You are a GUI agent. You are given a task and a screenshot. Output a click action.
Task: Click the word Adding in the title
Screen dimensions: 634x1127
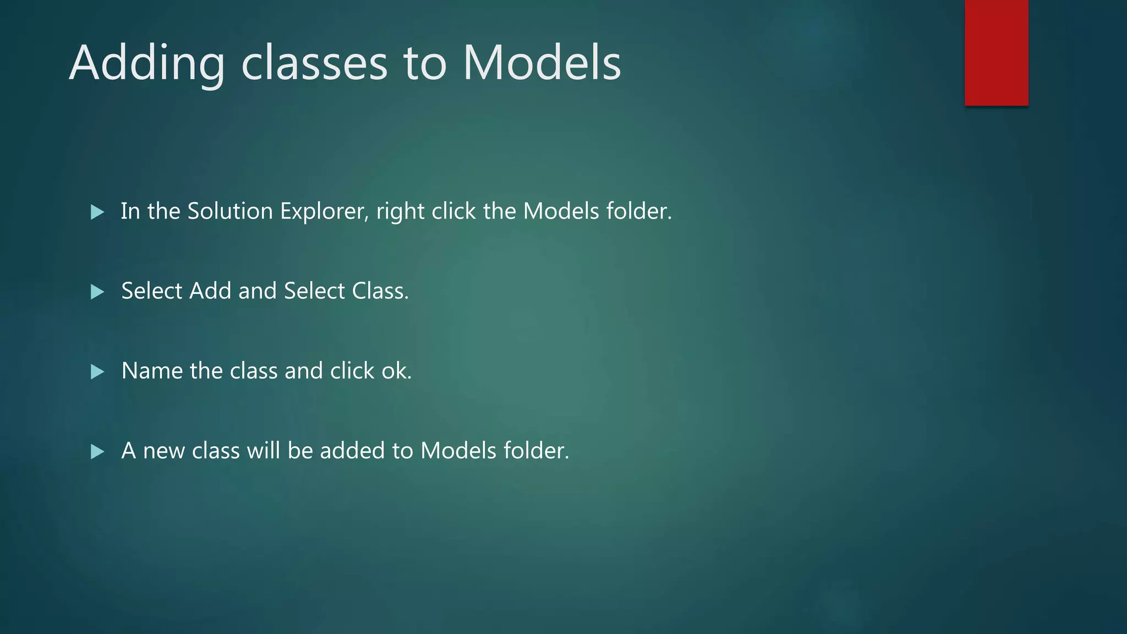click(x=147, y=64)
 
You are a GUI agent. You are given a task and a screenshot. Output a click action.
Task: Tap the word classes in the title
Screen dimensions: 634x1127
click(x=314, y=64)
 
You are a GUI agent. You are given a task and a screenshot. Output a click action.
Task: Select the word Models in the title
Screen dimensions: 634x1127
click(x=541, y=64)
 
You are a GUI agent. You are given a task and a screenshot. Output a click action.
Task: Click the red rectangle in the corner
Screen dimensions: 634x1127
click(x=996, y=52)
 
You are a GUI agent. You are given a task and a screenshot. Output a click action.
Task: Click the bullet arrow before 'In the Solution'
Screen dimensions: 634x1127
click(x=97, y=212)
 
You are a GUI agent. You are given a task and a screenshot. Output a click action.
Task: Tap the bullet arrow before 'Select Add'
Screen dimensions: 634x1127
click(x=97, y=292)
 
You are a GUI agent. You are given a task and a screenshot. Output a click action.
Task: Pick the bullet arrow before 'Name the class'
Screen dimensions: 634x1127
click(x=97, y=371)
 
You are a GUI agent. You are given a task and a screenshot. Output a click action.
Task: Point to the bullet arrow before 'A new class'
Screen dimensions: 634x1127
click(x=97, y=452)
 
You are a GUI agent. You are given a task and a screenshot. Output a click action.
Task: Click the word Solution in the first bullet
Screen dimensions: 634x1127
click(x=230, y=211)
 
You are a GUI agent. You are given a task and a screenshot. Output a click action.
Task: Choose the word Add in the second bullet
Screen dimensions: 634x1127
click(x=210, y=291)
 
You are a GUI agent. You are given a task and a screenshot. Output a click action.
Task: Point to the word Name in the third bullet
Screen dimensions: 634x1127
click(x=152, y=371)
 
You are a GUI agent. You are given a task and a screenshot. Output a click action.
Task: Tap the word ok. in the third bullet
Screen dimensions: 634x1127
click(x=396, y=371)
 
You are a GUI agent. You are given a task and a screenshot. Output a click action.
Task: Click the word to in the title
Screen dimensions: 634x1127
click(x=424, y=64)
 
